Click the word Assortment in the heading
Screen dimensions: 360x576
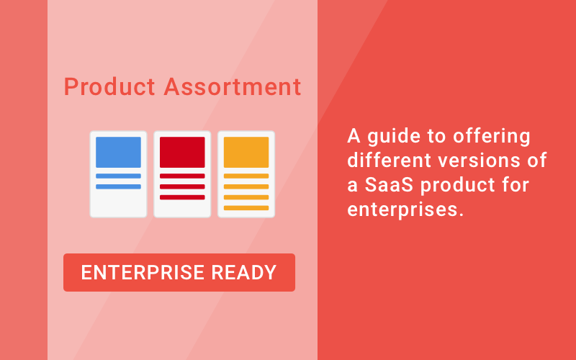[x=233, y=87]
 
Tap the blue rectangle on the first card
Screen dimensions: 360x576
[x=118, y=152]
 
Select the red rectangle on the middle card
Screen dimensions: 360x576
[x=182, y=152]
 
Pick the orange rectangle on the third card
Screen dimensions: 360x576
[x=246, y=152]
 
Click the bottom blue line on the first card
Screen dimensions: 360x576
[x=118, y=186]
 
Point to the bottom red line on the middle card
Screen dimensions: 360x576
[x=182, y=197]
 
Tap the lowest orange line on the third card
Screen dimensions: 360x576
[x=246, y=207]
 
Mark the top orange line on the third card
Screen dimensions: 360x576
[x=246, y=176]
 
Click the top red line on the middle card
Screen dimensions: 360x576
[x=182, y=176]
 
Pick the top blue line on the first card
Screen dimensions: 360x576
[x=118, y=176]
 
